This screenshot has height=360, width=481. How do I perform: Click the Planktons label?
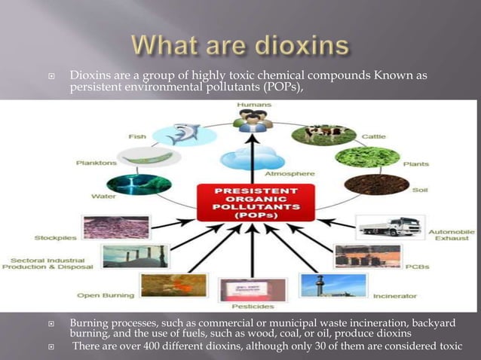[x=94, y=162]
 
